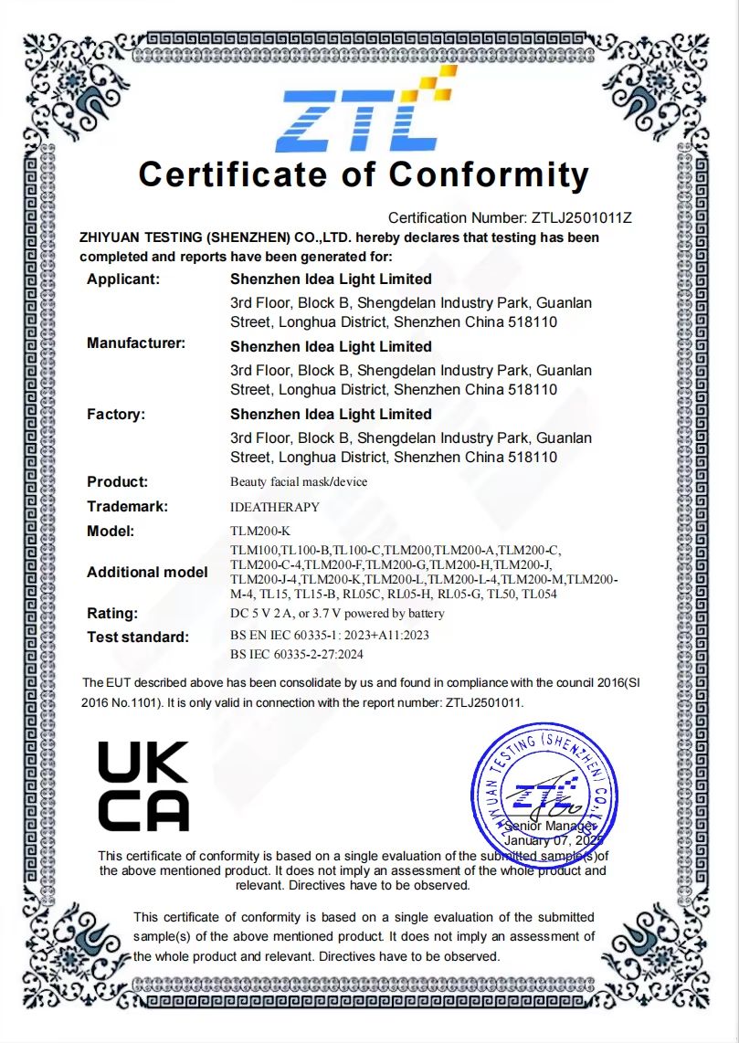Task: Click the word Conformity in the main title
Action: tap(489, 174)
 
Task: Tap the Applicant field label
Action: tap(123, 279)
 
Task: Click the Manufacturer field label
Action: tap(136, 343)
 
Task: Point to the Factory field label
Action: tap(116, 415)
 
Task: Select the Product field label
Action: tap(117, 482)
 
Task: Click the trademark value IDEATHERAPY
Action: tap(275, 507)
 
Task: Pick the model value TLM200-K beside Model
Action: tap(260, 531)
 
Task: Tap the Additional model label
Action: tap(147, 573)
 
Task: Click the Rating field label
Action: tap(112, 613)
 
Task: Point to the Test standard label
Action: tap(138, 637)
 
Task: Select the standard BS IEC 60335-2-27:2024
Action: tap(309, 655)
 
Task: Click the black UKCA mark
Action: tap(143, 785)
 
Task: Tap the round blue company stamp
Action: tap(544, 789)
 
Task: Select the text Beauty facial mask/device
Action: tap(299, 482)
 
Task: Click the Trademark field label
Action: tap(127, 507)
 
